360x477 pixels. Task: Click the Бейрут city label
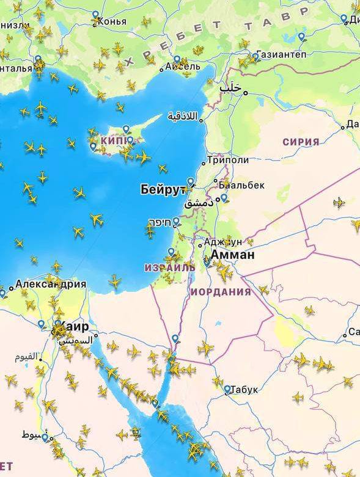coord(163,189)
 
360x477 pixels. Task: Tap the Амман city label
coord(233,255)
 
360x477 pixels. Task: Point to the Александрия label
coord(50,284)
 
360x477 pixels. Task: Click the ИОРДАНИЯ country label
coord(221,292)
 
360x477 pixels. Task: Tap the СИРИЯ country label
coord(301,142)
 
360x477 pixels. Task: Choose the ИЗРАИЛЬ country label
coord(170,268)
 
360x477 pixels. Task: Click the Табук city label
coord(244,390)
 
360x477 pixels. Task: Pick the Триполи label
coord(228,160)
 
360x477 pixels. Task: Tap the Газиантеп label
coord(281,54)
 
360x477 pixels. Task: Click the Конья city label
coord(112,21)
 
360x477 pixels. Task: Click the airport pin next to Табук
coord(227,388)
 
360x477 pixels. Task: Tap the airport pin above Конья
coord(95,15)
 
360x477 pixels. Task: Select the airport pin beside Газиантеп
coord(255,57)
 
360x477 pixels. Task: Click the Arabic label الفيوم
coord(26,356)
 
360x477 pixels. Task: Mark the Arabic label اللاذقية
coord(183,115)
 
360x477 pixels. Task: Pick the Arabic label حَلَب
coord(231,89)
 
